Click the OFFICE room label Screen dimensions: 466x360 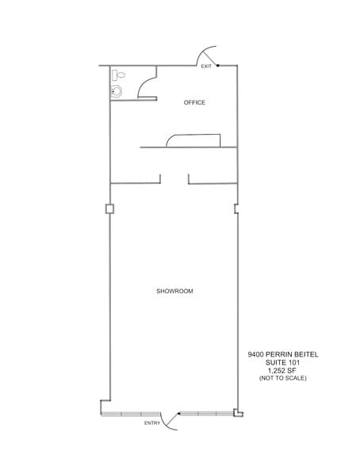[194, 103]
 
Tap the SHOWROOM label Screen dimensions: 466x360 [175, 292]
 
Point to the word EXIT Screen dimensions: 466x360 [206, 67]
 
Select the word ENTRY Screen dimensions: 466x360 [151, 423]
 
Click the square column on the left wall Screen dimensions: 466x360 [109, 209]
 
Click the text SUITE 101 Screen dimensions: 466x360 [282, 364]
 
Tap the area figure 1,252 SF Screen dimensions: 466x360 [282, 371]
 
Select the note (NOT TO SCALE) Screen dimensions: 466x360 [282, 379]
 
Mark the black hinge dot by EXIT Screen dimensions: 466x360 [217, 65]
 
